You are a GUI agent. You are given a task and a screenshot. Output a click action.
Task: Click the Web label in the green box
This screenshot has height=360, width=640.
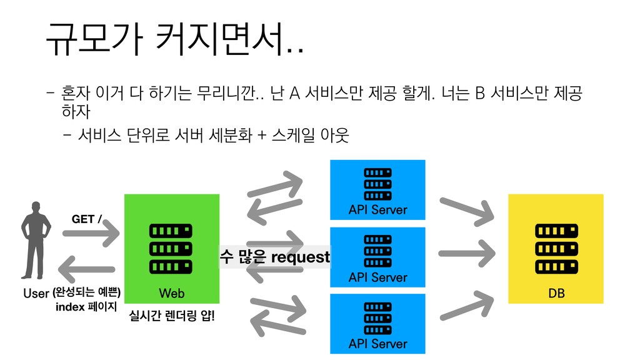172,293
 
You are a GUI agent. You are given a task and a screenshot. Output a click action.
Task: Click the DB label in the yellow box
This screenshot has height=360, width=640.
556,293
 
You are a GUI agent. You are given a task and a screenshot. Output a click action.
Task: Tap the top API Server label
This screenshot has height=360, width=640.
377,210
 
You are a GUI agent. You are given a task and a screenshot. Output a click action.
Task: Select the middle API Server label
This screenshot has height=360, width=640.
377,277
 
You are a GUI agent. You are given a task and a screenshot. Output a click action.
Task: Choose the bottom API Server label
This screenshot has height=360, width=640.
377,344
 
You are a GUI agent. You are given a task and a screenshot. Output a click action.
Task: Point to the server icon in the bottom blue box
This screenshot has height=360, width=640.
377,316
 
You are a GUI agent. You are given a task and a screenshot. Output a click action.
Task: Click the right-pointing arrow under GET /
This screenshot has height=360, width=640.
91,236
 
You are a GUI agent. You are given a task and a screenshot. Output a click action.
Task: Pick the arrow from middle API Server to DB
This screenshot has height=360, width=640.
465,254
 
